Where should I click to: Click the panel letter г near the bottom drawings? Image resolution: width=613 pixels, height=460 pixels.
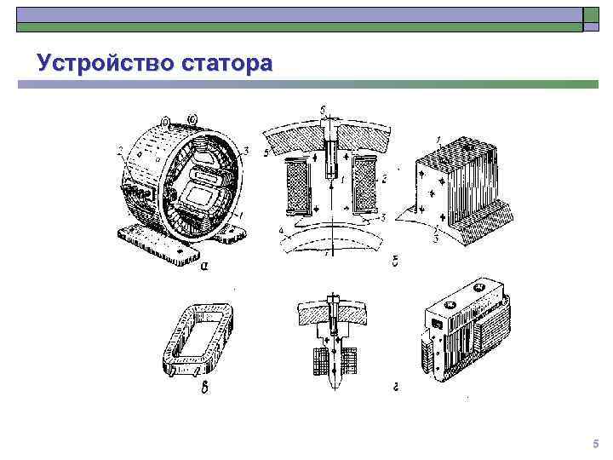(x=397, y=388)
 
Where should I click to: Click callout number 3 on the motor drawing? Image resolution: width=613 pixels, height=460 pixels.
(x=245, y=151)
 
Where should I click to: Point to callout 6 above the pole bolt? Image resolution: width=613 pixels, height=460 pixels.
(x=322, y=111)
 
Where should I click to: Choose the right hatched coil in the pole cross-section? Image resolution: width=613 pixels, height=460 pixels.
(x=364, y=185)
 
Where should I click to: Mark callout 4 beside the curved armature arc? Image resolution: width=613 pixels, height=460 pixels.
(x=281, y=230)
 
